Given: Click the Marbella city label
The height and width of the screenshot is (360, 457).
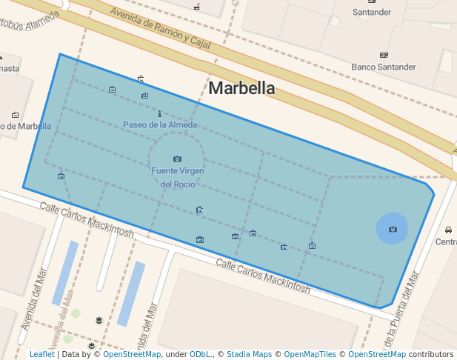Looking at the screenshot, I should click(x=241, y=88).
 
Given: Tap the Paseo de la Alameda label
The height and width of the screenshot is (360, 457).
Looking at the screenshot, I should click(x=160, y=125).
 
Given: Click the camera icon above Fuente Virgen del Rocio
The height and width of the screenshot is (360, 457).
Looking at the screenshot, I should click(x=177, y=159).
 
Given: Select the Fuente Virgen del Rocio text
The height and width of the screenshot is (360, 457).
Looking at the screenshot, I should click(x=177, y=177).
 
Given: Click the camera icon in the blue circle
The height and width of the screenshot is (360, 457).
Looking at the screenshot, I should click(x=393, y=229).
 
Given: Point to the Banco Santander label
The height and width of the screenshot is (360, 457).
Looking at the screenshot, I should click(x=384, y=67).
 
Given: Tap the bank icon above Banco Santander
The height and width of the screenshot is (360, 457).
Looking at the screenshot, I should click(x=384, y=55).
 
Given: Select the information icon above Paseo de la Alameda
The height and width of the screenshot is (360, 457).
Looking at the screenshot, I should click(x=160, y=113).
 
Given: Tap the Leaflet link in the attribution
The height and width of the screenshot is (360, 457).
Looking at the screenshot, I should click(x=41, y=354).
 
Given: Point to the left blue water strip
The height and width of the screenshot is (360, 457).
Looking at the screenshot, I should click(x=65, y=273).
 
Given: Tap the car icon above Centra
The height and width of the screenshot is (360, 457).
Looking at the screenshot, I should click(x=449, y=230).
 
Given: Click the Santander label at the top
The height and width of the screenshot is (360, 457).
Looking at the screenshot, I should click(x=372, y=12).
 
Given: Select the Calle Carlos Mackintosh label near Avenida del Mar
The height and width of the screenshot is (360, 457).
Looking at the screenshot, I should click(x=87, y=220).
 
